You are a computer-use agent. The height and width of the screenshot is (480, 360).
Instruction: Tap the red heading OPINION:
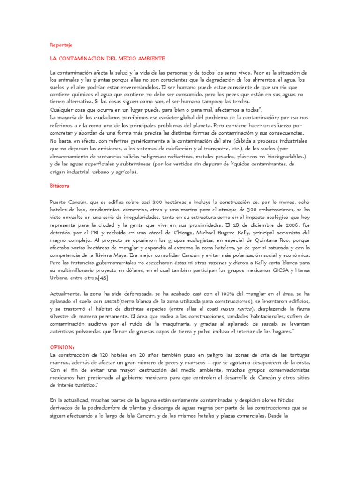coord(62,347)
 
